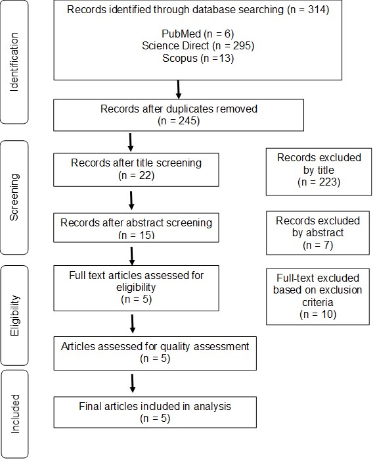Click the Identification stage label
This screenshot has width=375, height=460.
click(x=14, y=62)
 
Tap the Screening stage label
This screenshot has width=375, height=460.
click(x=14, y=197)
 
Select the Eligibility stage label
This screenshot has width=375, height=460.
click(x=14, y=315)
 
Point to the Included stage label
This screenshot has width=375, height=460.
click(x=14, y=414)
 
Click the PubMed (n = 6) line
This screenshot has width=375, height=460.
click(x=198, y=34)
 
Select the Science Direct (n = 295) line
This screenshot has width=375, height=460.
click(x=198, y=46)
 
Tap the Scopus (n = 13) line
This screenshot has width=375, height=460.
click(x=198, y=58)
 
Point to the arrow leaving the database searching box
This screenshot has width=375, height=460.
click(x=178, y=89)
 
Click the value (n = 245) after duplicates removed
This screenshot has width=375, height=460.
click(x=179, y=121)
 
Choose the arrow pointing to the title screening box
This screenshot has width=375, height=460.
click(x=131, y=142)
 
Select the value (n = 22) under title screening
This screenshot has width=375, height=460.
click(x=136, y=176)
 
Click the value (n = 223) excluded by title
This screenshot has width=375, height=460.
click(x=319, y=182)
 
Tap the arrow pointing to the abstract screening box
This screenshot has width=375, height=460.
click(x=131, y=201)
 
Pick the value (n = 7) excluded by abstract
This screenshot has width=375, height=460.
click(x=318, y=245)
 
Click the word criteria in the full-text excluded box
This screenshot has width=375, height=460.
click(x=318, y=302)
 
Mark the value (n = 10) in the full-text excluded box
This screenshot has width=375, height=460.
click(x=318, y=315)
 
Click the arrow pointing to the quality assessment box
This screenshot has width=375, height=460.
click(x=132, y=324)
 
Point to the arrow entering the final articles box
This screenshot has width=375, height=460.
click(x=132, y=383)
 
